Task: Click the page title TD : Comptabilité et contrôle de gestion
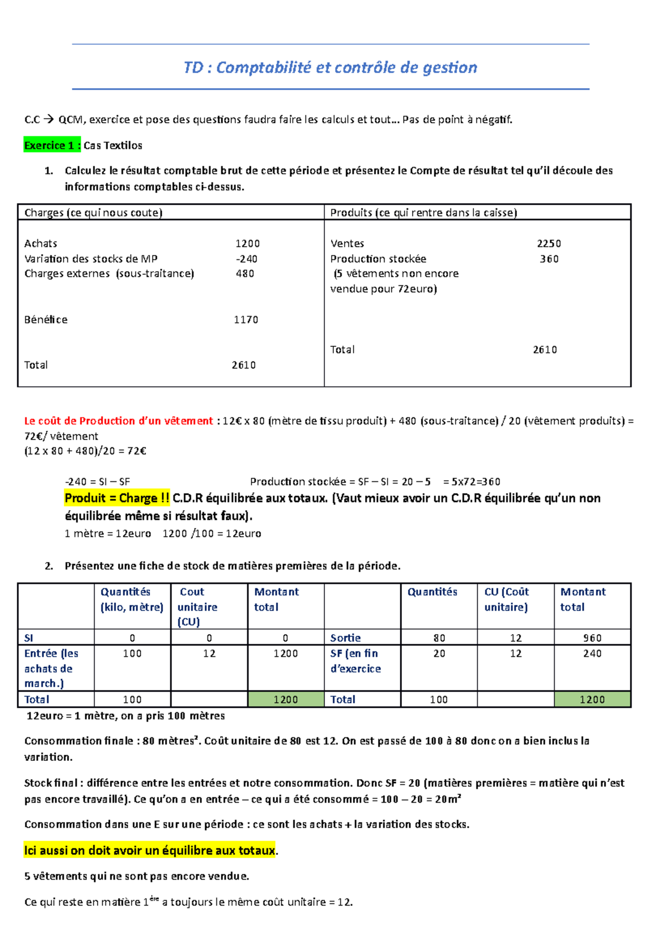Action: [330, 67]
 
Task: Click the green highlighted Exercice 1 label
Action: [52, 146]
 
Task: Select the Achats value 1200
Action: [247, 244]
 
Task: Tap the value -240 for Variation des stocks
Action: [246, 259]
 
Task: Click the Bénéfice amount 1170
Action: [245, 320]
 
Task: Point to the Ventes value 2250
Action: [549, 244]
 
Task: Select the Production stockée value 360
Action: [549, 259]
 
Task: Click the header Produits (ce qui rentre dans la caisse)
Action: [423, 212]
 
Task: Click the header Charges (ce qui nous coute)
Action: [93, 212]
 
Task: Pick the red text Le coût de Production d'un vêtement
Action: [118, 421]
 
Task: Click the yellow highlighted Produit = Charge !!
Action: [117, 498]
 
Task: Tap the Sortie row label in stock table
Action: [345, 637]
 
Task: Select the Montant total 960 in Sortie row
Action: [592, 637]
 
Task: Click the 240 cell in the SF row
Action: [592, 653]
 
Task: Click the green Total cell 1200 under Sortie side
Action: [592, 699]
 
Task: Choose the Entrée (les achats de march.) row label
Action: [51, 668]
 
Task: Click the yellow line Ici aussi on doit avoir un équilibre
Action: [149, 851]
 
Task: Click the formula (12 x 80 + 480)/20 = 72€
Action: [85, 451]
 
